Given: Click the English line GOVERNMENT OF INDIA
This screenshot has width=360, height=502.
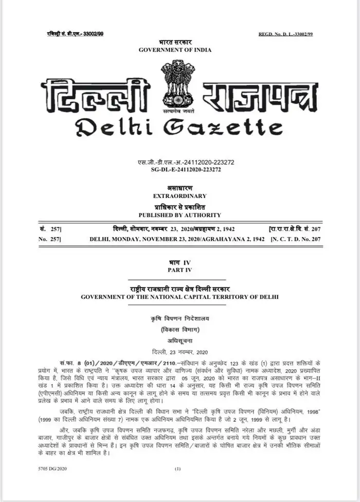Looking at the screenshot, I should tap(175, 49).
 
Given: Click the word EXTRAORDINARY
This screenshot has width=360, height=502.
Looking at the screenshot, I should tap(179, 196).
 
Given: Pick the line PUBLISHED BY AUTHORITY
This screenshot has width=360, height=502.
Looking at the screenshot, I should tap(179, 214).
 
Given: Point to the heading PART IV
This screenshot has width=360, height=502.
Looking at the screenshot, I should tap(179, 270).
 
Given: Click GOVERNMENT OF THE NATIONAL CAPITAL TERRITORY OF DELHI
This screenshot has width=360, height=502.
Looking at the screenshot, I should tap(179, 297).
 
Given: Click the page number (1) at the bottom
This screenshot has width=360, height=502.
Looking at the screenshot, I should tap(178, 470).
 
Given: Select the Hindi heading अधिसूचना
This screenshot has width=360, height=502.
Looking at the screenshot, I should tap(179, 340).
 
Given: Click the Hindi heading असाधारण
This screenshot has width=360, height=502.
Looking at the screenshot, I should tap(179, 189).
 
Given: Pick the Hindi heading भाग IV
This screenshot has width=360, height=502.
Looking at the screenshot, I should tap(179, 262).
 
